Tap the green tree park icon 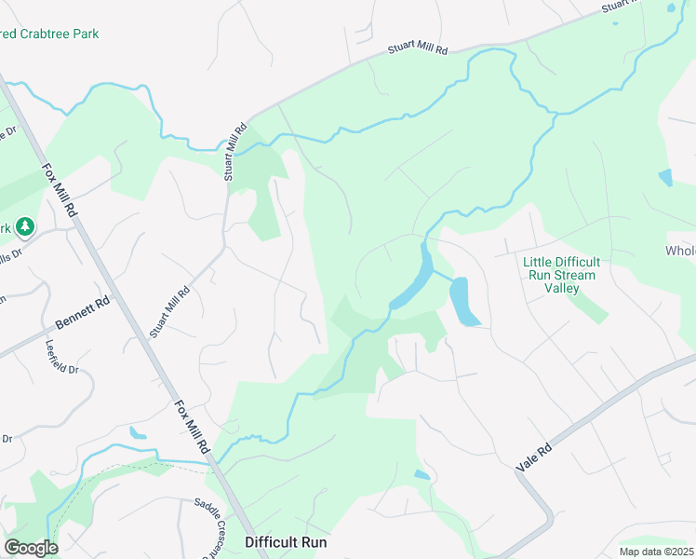(x=26, y=226)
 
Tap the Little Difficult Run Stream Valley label (x=561, y=275)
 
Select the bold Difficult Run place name (x=286, y=541)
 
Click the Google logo (x=31, y=548)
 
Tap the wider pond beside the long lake (x=462, y=300)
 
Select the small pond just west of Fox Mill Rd (x=138, y=432)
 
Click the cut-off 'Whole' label (x=679, y=252)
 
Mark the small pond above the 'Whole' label (x=665, y=177)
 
